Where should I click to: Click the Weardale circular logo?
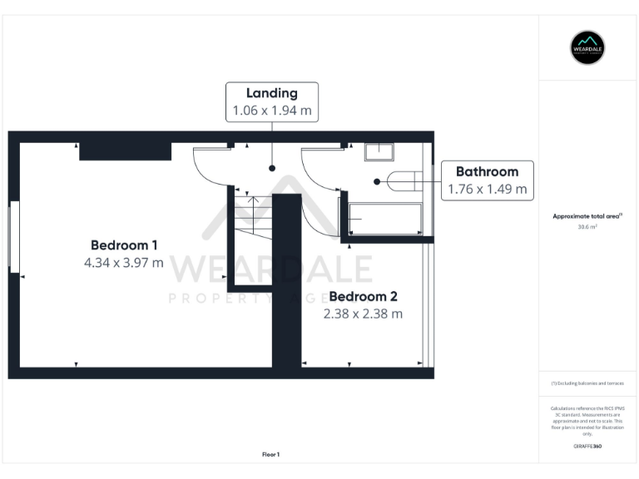pyautogui.click(x=587, y=47)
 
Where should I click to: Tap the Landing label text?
pyautogui.click(x=272, y=92)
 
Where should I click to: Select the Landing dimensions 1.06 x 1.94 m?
pyautogui.click(x=272, y=110)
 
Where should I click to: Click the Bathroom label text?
pyautogui.click(x=487, y=171)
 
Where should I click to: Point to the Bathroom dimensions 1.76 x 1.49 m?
pyautogui.click(x=487, y=189)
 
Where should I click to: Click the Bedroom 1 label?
pyautogui.click(x=124, y=244)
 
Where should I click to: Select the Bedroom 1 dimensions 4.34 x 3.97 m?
pyautogui.click(x=124, y=262)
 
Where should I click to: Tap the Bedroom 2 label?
pyautogui.click(x=363, y=296)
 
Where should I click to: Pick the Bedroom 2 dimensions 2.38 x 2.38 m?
pyautogui.click(x=363, y=314)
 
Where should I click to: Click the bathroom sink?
pyautogui.click(x=379, y=151)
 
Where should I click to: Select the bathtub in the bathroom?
pyautogui.click(x=384, y=219)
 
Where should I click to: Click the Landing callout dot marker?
pyautogui.click(x=272, y=168)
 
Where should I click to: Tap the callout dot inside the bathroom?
pyautogui.click(x=377, y=180)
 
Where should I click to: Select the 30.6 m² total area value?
pyautogui.click(x=587, y=225)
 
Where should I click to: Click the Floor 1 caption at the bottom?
pyautogui.click(x=271, y=454)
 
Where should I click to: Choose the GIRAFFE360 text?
pyautogui.click(x=587, y=447)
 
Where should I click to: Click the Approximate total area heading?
pyautogui.click(x=587, y=215)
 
